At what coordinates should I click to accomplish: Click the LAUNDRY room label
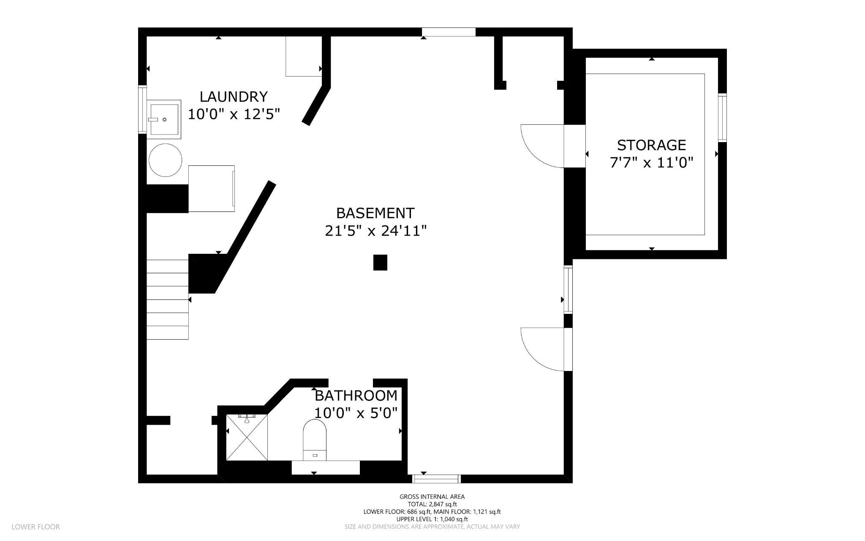[234, 97]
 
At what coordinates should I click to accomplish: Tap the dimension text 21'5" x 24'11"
[375, 231]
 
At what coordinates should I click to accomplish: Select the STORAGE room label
[651, 145]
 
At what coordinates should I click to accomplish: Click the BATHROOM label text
[356, 396]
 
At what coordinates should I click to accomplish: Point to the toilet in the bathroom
[315, 440]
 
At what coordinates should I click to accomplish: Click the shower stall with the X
[247, 437]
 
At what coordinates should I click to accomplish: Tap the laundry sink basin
[164, 119]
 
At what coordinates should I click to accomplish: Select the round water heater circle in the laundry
[165, 160]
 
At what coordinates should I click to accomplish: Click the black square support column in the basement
[380, 262]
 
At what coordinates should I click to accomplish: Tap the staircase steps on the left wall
[167, 299]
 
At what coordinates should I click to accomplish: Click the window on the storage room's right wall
[722, 118]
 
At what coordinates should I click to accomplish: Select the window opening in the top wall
[449, 32]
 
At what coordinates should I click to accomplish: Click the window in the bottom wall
[436, 479]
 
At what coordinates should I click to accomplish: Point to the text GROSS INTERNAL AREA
[432, 497]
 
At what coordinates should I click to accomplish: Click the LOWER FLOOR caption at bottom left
[35, 527]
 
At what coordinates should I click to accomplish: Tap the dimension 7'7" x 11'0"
[652, 163]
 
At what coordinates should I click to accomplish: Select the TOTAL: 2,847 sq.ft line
[432, 504]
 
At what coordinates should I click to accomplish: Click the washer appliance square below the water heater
[211, 189]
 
